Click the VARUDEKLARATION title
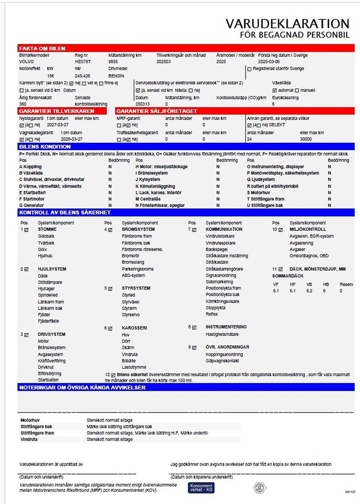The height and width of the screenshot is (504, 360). [287, 24]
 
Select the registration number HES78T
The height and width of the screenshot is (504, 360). [83, 62]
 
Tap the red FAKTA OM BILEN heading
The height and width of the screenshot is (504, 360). [42, 49]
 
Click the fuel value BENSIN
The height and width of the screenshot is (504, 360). [116, 76]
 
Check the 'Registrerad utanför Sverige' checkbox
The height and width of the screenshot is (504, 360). [250, 69]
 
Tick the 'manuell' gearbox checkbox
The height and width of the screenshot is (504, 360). [297, 91]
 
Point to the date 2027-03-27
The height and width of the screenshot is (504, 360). [58, 125]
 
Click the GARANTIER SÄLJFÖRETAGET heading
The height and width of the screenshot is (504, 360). [157, 111]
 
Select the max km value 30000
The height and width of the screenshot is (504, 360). [306, 139]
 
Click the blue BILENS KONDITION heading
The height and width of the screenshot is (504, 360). [45, 147]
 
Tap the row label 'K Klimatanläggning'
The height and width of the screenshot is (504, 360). [155, 186]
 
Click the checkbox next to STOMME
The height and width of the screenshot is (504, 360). [26, 230]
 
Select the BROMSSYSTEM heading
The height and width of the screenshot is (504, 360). [138, 229]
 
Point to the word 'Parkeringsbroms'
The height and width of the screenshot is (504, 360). [137, 269]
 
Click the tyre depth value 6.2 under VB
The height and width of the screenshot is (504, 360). [309, 291]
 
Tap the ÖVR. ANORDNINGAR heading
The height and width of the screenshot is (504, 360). [227, 347]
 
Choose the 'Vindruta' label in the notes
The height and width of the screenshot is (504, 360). [29, 439]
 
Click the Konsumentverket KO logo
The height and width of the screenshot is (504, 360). [201, 488]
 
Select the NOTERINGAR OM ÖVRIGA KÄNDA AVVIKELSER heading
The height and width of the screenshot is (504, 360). [82, 387]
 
